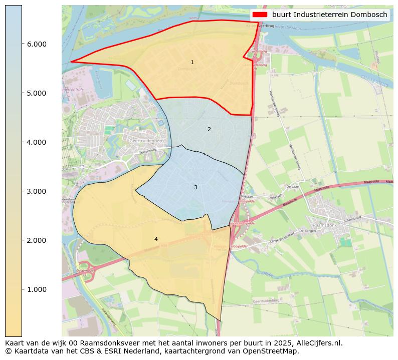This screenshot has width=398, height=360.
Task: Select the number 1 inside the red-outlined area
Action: click(192, 62)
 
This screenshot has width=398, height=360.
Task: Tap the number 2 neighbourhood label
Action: click(209, 129)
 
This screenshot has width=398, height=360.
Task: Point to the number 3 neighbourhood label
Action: click(195, 187)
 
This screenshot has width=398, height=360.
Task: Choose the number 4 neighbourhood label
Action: click(156, 239)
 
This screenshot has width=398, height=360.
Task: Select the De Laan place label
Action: click(292, 186)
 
